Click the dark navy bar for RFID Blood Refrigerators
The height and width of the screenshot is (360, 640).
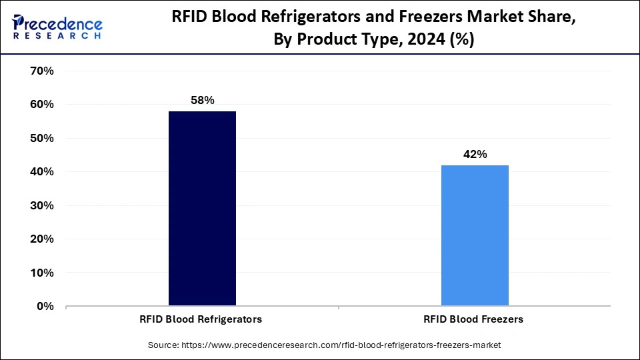[202, 209]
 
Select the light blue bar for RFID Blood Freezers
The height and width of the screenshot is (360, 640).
[475, 235]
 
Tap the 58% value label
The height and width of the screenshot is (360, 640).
[202, 100]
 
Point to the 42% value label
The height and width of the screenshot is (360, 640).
[475, 154]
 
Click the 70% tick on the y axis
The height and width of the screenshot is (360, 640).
[42, 71]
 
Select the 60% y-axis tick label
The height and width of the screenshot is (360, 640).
[42, 105]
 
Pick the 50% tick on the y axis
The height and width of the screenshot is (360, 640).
[42, 138]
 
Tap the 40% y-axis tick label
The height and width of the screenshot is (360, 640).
[42, 172]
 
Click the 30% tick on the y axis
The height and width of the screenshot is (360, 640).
[42, 205]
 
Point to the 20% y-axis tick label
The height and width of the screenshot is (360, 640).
[42, 239]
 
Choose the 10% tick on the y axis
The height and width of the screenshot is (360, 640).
[42, 273]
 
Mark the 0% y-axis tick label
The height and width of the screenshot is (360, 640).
[45, 307]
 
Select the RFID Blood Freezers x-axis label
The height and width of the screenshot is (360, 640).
[473, 319]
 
